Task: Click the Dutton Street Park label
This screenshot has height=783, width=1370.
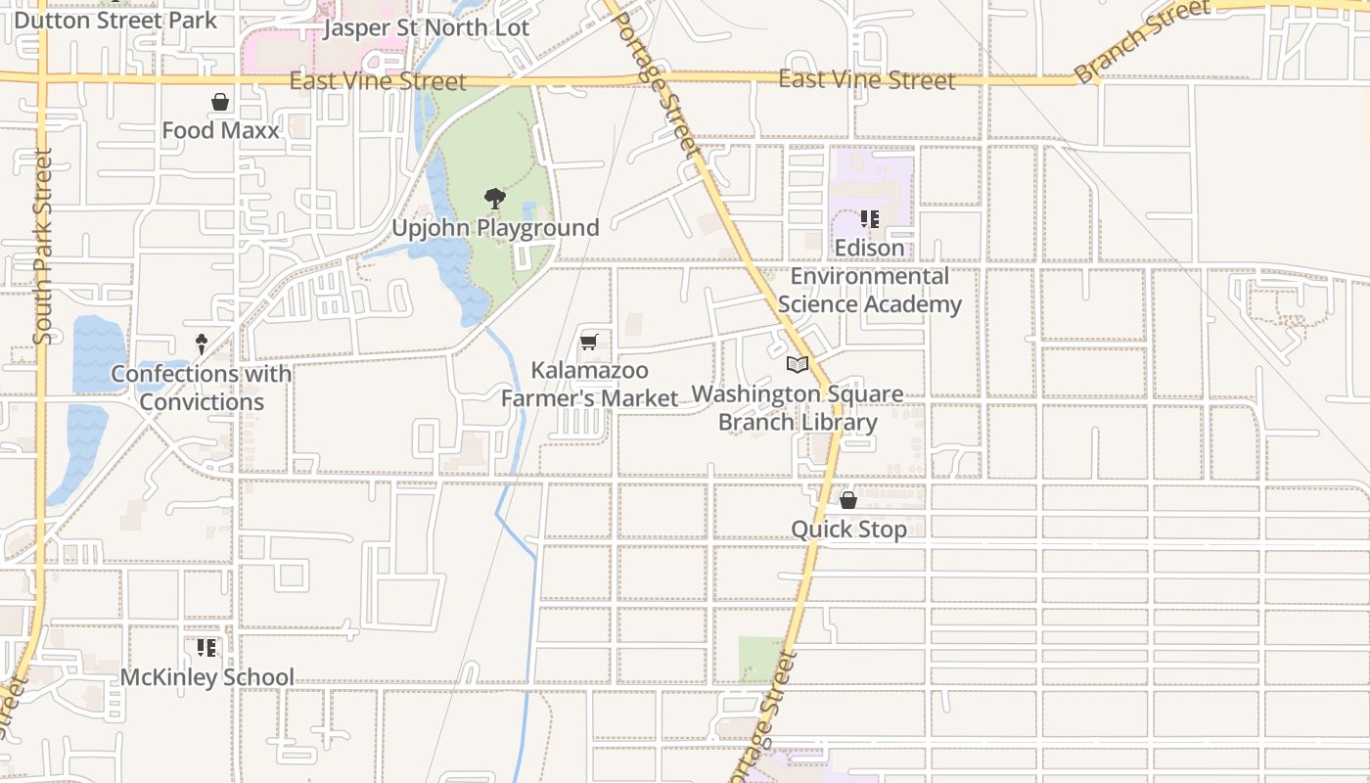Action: (x=115, y=20)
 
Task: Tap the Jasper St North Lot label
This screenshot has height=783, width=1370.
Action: (x=426, y=27)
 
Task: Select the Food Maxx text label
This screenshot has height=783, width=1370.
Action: (x=220, y=130)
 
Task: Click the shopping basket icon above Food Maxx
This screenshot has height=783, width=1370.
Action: (x=220, y=102)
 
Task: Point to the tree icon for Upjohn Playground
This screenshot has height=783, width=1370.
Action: (x=495, y=200)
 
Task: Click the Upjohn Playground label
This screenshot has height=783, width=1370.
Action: (x=495, y=228)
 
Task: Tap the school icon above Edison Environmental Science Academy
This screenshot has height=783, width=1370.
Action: (x=869, y=219)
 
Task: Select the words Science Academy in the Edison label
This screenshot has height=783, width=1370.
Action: (x=870, y=304)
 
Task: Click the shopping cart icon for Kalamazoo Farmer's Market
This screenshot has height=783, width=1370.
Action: (x=588, y=342)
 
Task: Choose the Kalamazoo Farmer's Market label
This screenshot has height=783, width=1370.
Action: (x=589, y=385)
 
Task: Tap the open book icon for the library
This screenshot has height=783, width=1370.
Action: (x=798, y=365)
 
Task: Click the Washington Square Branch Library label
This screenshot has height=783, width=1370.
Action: (x=798, y=408)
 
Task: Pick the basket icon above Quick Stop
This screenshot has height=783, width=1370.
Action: (x=848, y=500)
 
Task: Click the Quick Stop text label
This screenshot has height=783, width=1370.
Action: (x=848, y=530)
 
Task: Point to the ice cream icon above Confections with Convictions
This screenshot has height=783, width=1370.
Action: (x=202, y=345)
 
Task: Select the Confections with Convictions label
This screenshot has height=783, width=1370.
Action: (x=201, y=388)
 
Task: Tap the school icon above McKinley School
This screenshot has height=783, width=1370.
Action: (x=206, y=648)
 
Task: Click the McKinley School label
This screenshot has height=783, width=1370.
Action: (x=206, y=677)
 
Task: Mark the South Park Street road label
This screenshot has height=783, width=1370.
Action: (x=42, y=247)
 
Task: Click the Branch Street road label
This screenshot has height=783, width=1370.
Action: (x=1141, y=42)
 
